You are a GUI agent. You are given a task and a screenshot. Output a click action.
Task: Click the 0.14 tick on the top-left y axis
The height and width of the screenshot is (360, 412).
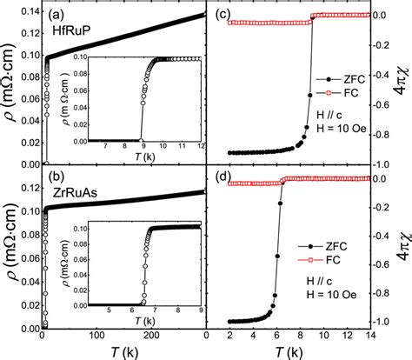point(23,12)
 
